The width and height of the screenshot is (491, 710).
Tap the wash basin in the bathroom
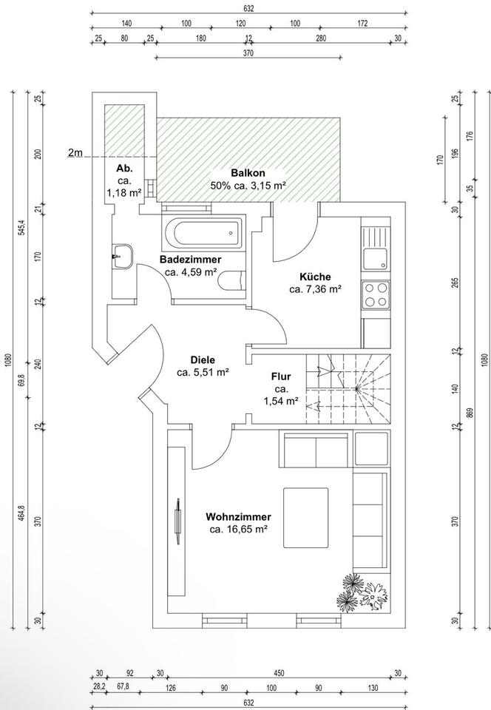tap(122, 257)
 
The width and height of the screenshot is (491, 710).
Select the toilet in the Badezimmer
tap(231, 280)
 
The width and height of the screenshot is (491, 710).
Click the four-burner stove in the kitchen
tap(376, 294)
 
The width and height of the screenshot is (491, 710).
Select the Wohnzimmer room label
tap(238, 517)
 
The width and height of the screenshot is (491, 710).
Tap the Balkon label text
tap(248, 172)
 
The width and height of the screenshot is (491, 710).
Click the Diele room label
tap(203, 360)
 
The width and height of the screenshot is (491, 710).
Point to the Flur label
tap(281, 376)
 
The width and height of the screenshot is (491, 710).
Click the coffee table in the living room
tap(306, 518)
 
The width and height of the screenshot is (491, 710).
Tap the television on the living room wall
tap(178, 521)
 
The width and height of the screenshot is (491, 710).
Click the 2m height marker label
tap(75, 153)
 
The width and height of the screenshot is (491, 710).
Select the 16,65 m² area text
tap(237, 530)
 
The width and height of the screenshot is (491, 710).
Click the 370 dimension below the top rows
tap(248, 53)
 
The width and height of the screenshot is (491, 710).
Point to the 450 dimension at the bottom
tap(280, 673)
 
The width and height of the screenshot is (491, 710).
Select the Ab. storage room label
tap(124, 169)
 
